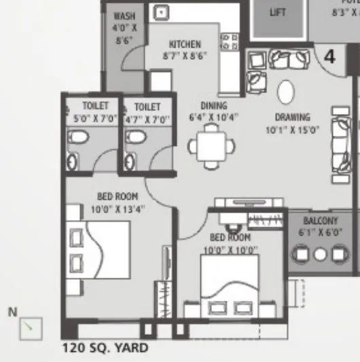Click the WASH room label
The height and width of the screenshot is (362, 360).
(x=124, y=16)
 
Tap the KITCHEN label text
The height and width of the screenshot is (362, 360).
(x=185, y=44)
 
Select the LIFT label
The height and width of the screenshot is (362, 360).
(x=278, y=12)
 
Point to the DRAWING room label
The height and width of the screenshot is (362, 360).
(x=293, y=117)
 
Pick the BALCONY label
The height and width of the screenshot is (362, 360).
(x=320, y=221)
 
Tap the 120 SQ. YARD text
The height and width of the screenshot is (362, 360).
(x=105, y=348)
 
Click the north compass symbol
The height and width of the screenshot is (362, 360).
(x=31, y=329)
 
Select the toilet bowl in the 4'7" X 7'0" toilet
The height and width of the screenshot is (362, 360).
(x=136, y=138)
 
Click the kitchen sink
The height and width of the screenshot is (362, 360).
(x=162, y=12)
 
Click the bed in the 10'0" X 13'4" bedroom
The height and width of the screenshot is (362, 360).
(x=99, y=251)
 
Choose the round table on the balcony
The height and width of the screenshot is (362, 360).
(x=320, y=255)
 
